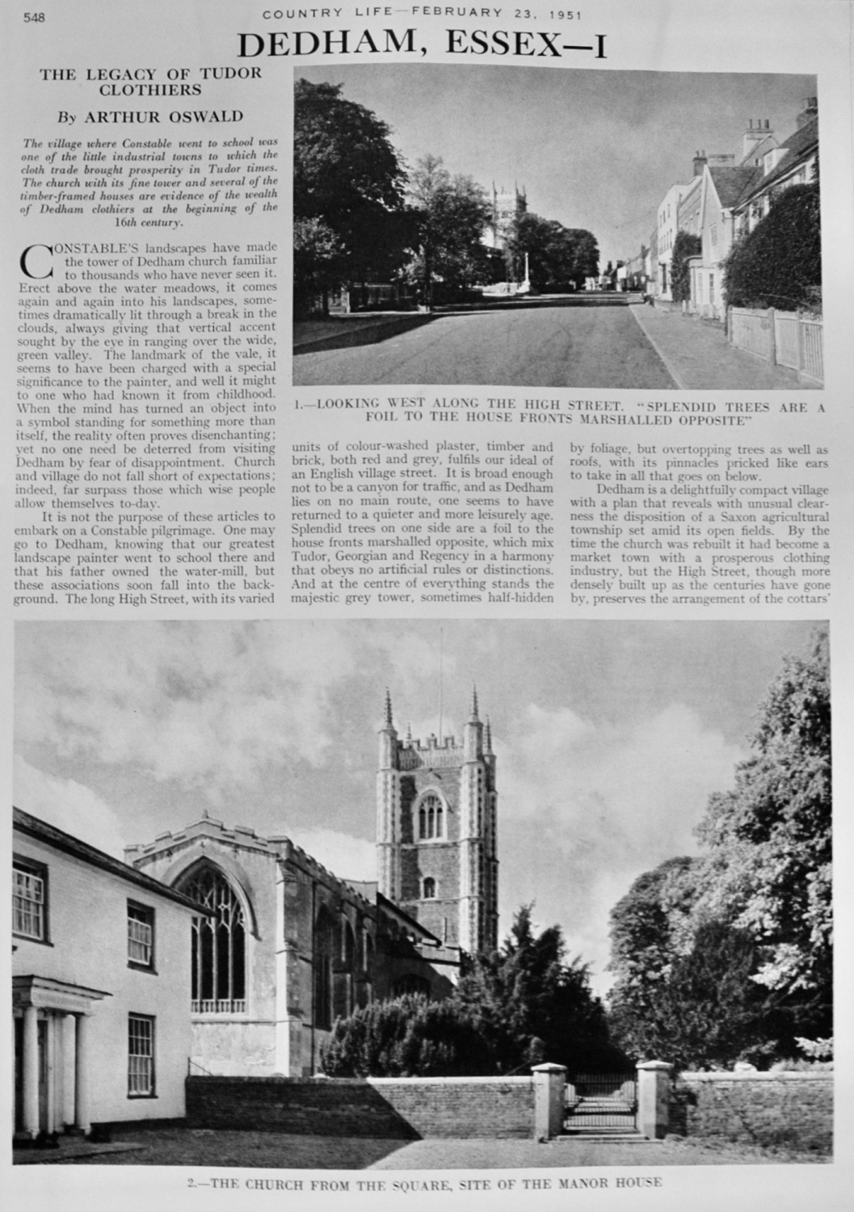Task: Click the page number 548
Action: [x=33, y=19]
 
